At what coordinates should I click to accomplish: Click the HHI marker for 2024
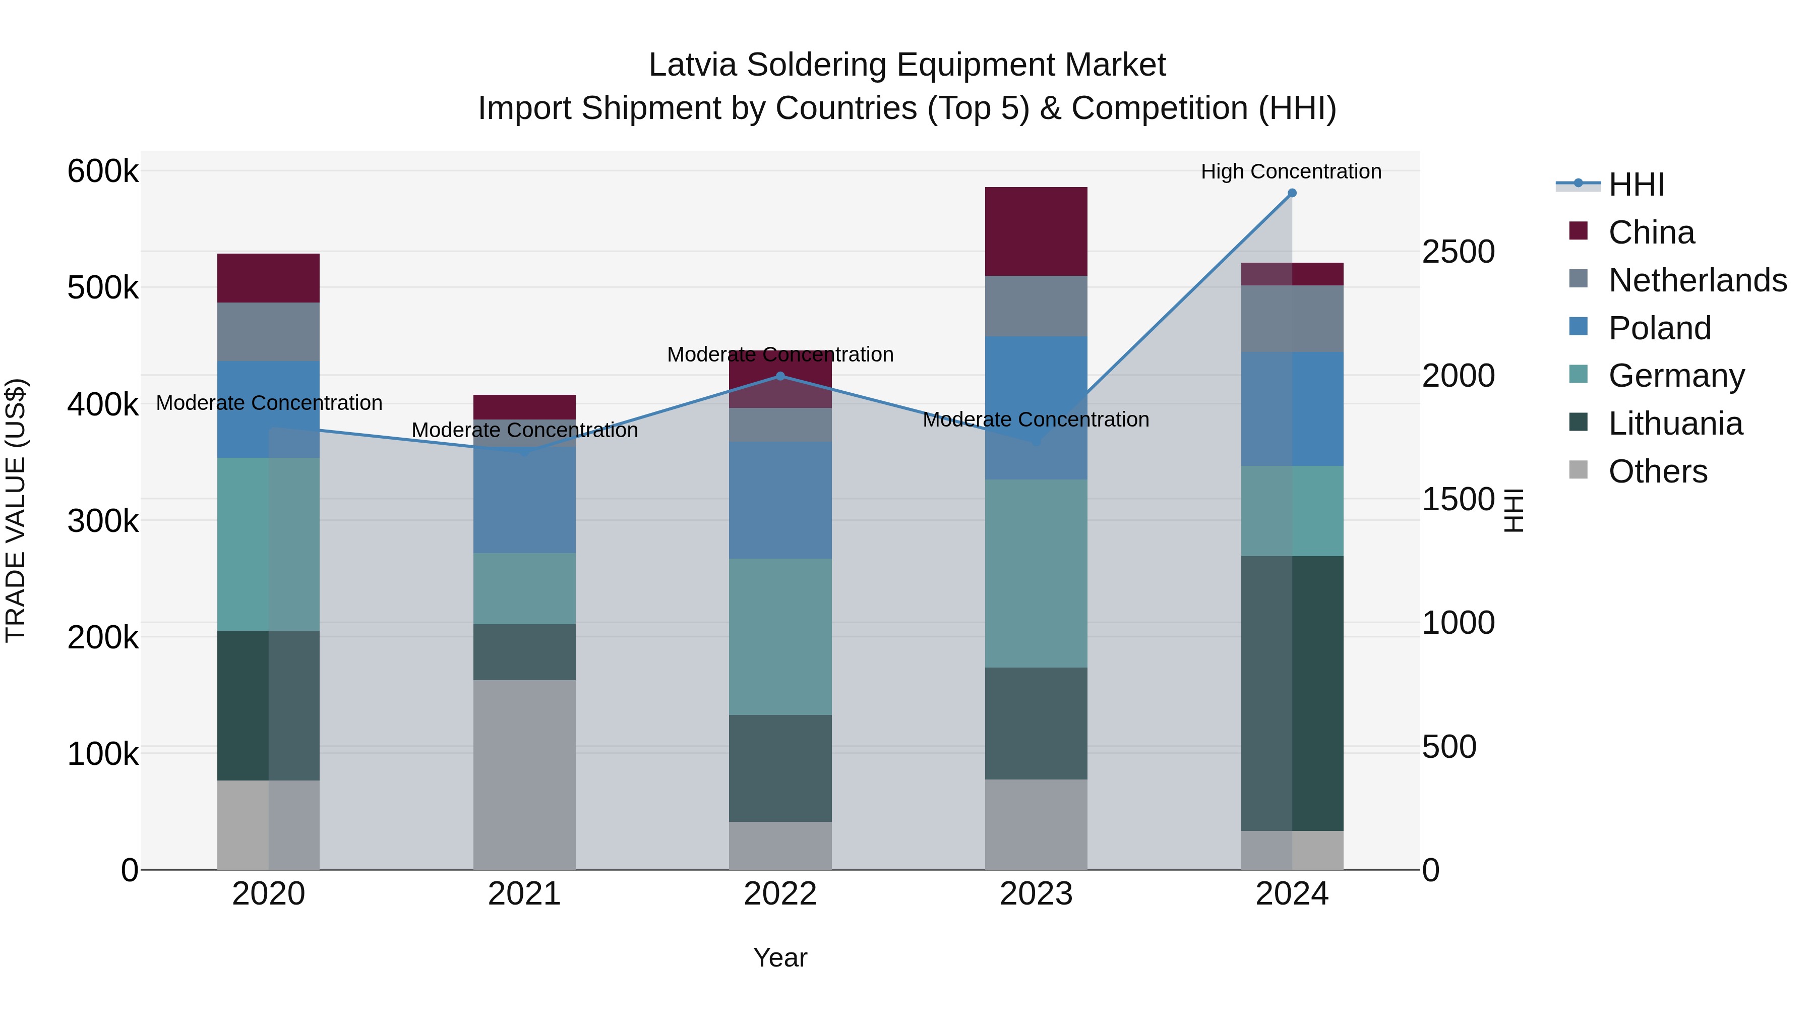1292,193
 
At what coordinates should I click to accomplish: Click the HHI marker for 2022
780,376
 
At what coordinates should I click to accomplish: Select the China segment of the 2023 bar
1036,231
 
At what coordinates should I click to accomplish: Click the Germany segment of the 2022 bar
780,636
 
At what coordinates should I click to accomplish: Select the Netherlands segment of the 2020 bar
268,331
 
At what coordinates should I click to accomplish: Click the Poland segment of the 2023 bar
1036,407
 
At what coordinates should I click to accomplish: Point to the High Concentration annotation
1291,171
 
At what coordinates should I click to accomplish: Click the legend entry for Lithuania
1675,424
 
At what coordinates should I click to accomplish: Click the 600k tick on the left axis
103,171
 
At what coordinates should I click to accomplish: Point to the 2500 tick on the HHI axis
1458,252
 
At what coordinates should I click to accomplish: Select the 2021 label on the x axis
524,894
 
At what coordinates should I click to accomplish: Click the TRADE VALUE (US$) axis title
16,510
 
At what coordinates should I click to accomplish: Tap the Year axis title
780,957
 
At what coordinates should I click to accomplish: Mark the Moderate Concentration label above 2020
269,403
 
